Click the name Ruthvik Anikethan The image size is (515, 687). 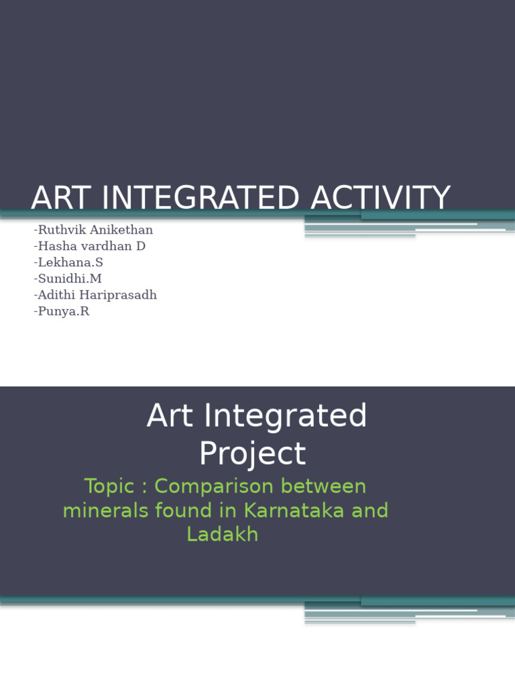point(93,230)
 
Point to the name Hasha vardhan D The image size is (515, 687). point(89,246)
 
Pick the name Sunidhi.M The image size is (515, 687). point(67,278)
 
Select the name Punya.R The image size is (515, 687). point(61,311)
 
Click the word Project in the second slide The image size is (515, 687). point(252,454)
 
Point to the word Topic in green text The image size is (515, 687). point(105,486)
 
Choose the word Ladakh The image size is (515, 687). point(222,535)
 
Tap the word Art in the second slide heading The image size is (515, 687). point(165,416)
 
